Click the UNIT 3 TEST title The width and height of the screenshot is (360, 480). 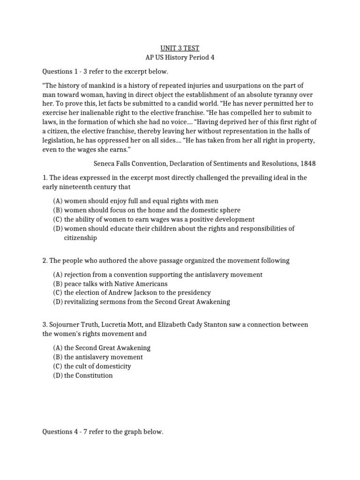pos(180,48)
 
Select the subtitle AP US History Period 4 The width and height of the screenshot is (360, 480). pos(180,57)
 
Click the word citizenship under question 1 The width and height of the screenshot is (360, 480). pos(81,238)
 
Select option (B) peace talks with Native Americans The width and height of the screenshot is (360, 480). pos(110,284)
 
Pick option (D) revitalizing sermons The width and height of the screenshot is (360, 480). pos(141,302)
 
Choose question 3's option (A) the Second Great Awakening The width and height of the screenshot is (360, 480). pos(102,347)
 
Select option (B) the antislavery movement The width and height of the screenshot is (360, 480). pos(98,357)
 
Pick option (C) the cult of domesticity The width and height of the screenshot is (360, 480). pos(92,366)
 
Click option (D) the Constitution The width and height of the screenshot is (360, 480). pos(83,375)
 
